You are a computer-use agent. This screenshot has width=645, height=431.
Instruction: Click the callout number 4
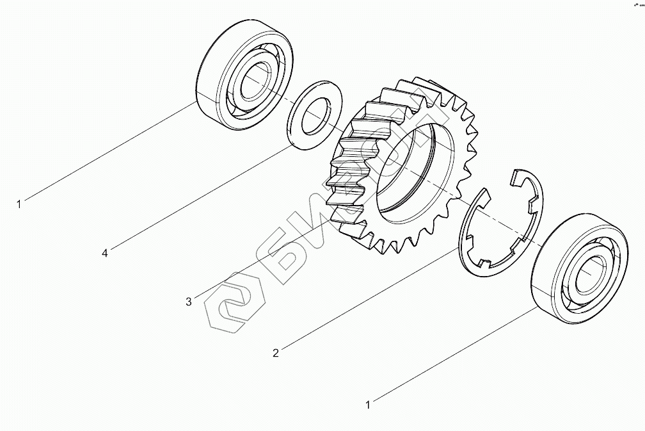[104, 254]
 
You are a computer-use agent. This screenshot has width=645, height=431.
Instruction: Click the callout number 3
[188, 302]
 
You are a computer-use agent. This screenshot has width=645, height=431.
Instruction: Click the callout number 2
[275, 353]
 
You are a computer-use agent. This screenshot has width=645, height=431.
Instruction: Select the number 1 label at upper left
[19, 204]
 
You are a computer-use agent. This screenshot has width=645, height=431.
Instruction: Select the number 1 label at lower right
[368, 405]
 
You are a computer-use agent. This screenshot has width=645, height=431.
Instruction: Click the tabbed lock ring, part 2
[535, 211]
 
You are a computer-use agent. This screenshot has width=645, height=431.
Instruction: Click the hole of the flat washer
[315, 115]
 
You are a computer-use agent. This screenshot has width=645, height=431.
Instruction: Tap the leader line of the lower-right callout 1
[454, 355]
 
